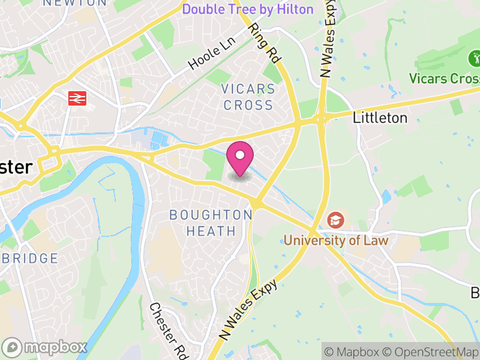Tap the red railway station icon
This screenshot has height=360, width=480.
77,98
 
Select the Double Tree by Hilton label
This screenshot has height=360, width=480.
248,10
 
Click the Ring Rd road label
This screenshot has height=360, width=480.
265,43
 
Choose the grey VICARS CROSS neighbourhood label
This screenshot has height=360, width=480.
247,97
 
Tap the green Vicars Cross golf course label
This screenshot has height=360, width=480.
444,79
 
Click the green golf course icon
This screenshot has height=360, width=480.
473,59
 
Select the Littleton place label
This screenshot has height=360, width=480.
380,118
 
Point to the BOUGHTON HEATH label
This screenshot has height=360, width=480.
211,223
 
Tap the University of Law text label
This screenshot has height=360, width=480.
336,241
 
